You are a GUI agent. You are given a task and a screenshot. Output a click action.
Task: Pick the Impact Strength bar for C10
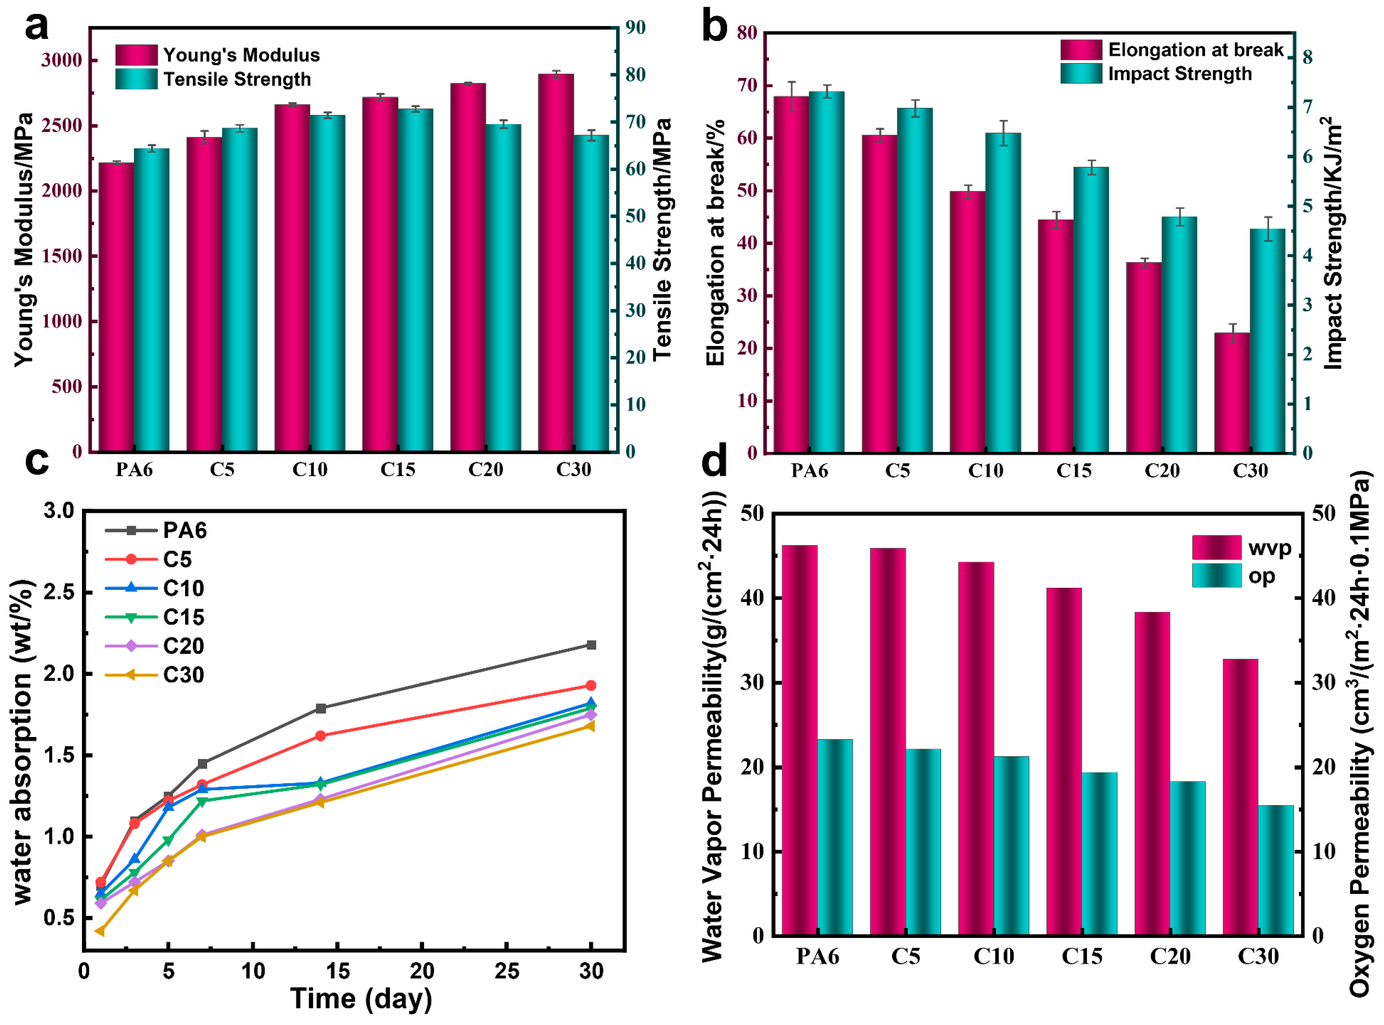[1003, 292]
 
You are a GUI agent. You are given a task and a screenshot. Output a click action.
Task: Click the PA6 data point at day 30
[591, 645]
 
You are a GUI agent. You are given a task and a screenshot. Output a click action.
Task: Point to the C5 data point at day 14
[321, 736]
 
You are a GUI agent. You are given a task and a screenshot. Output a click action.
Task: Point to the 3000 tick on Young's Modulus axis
[61, 60]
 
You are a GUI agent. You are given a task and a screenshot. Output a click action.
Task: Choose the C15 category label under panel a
[398, 470]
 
